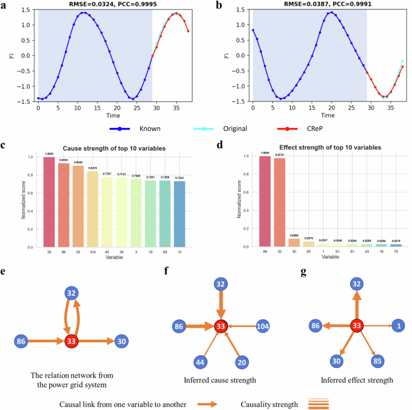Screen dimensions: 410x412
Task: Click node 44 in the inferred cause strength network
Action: pos(200,363)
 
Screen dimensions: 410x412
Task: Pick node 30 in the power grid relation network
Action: pos(121,342)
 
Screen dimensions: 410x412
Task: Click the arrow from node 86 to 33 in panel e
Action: pos(48,342)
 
